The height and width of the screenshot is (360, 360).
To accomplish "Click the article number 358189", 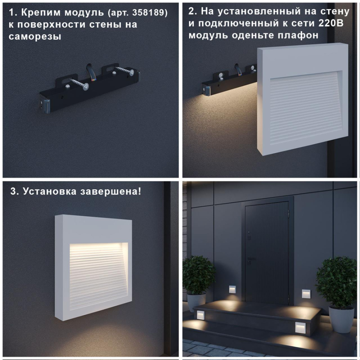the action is (x=147, y=13).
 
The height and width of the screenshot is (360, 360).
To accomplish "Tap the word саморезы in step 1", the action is (x=35, y=37).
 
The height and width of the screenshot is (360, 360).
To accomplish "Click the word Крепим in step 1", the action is (x=41, y=13).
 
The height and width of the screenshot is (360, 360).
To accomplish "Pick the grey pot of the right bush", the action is (x=341, y=321).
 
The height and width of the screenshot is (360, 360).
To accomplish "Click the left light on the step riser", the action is (x=200, y=315).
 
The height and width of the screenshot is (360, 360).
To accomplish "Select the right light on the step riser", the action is (x=300, y=328).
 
